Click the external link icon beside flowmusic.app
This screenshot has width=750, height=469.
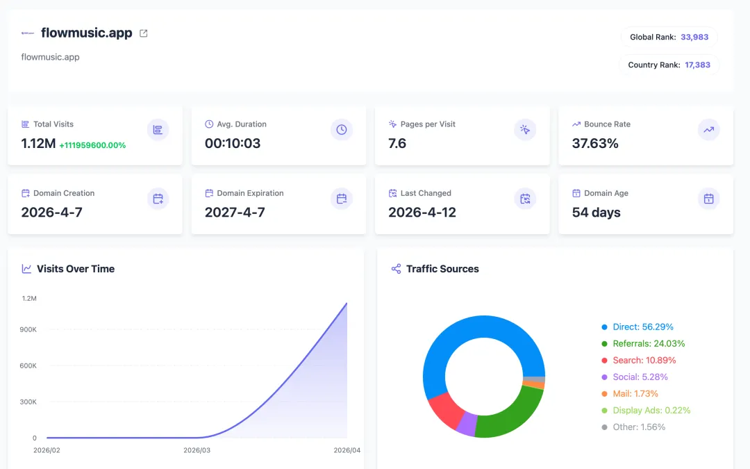pos(144,33)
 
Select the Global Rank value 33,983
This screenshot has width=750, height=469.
pos(694,37)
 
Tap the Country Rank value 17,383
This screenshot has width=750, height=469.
pos(697,65)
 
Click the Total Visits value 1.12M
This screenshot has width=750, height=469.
pos(38,143)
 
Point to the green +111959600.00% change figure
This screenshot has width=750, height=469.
pos(92,145)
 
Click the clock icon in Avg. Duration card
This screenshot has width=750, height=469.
pos(342,130)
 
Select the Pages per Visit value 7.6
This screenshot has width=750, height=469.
pos(397,143)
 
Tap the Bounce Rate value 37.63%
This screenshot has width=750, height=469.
pos(595,143)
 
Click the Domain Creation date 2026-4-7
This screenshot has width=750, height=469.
pos(51,212)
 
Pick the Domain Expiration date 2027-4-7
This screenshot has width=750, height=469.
pos(235,212)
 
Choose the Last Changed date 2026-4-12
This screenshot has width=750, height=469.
pos(422,212)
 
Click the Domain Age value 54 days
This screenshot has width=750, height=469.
pos(596,212)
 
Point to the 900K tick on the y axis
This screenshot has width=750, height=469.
pos(28,329)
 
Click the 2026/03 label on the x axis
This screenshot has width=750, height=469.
pos(197,450)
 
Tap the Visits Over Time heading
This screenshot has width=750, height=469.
pos(76,269)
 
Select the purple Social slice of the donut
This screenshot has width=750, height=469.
pos(467,424)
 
